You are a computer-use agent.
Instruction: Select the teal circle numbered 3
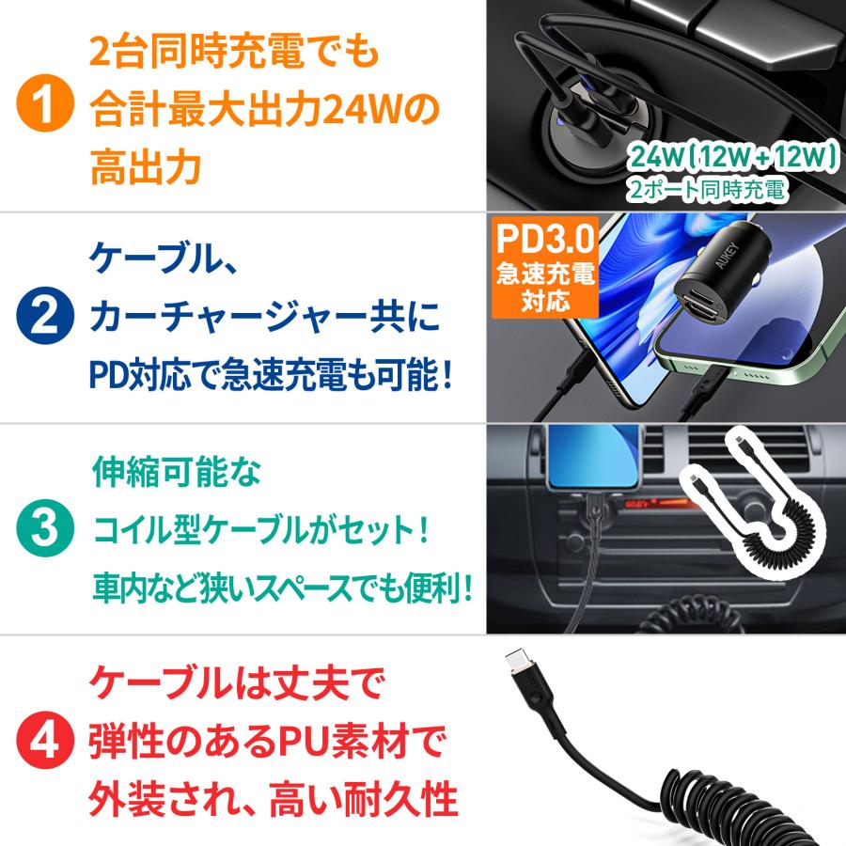44,529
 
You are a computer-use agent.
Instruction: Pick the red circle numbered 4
44,740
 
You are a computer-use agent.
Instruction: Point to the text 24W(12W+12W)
734,155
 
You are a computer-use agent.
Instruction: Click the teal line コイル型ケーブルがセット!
260,529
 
